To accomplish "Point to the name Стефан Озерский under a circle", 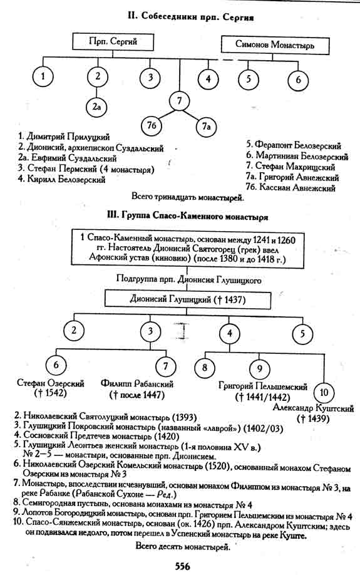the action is coord(51,383).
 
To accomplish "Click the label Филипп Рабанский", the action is coord(137,384).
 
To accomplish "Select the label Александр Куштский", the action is coord(314,408).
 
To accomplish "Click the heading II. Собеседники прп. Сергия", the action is coord(190,17).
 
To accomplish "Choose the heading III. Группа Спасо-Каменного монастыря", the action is coord(187,216).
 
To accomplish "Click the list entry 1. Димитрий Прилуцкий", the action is coord(64,137).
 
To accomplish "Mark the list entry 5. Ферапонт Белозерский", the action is coord(294,145).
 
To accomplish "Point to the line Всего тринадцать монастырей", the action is coord(187,197).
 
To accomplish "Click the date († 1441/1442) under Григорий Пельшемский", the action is coord(262,396).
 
